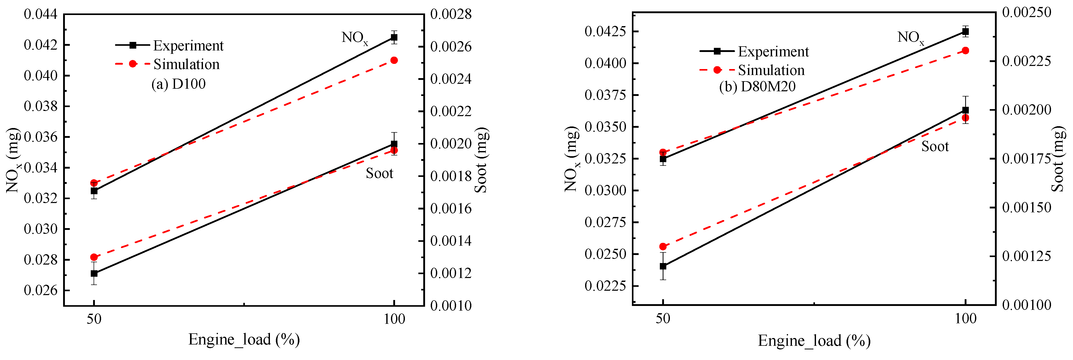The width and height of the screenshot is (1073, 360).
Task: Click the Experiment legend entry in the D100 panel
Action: point(188,46)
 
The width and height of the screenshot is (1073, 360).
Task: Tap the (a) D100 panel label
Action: point(178,84)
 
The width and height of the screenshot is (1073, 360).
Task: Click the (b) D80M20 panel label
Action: point(757,86)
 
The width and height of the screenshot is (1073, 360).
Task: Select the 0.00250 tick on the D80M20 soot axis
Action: point(1026,12)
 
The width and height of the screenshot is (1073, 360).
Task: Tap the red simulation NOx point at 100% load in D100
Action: point(394,61)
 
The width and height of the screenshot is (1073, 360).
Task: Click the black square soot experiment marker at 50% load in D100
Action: point(94,273)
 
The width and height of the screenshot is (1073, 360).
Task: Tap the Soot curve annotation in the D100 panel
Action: point(379,173)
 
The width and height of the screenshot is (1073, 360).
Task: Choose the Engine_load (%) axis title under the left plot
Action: point(244,340)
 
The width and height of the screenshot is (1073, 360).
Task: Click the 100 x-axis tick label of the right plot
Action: point(965,319)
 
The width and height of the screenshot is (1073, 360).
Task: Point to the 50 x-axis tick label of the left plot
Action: point(94,319)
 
